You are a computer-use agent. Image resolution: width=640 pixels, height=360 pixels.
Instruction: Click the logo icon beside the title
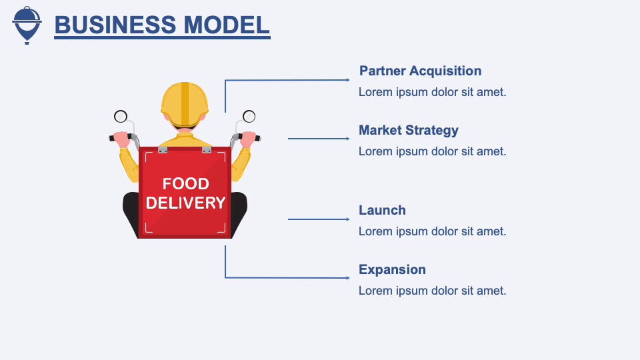[x=27, y=25]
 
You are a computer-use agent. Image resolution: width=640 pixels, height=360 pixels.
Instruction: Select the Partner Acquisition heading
[x=420, y=71]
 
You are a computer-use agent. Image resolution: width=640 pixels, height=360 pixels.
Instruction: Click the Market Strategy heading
[x=409, y=130]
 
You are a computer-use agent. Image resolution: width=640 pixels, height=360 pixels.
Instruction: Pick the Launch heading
[x=382, y=210]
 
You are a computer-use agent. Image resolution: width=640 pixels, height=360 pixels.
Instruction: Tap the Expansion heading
[x=392, y=269]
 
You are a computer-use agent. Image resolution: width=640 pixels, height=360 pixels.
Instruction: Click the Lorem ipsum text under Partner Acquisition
[x=432, y=92]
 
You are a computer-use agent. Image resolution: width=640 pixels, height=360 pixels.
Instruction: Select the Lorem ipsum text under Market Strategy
[x=432, y=151]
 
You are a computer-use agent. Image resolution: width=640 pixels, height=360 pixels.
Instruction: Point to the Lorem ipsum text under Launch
[x=432, y=231]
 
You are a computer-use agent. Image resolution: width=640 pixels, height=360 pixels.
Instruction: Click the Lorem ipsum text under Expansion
[x=432, y=291]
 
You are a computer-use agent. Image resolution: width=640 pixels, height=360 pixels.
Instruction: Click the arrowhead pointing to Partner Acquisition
[x=346, y=80]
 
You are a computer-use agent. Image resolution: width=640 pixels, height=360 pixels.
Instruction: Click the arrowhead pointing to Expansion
[x=346, y=277]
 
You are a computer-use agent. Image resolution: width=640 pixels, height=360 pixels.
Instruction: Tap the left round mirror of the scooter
[x=121, y=117]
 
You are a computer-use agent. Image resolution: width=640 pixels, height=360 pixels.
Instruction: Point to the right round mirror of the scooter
[x=249, y=117]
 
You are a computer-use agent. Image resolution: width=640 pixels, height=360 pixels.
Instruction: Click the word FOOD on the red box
[x=185, y=184]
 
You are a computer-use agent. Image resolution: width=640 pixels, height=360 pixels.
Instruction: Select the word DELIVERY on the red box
[x=185, y=203]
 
